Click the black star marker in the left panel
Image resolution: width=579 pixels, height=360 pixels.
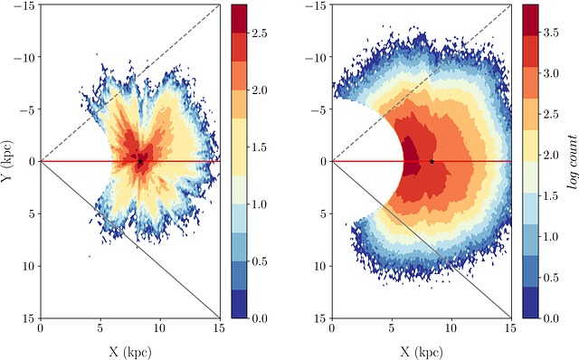point(140,162)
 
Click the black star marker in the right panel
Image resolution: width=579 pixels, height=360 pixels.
point(432,162)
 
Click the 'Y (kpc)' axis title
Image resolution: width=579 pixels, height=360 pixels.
point(9,161)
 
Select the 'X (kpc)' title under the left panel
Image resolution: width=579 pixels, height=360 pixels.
point(129,350)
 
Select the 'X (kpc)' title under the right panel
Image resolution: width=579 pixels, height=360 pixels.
point(422,350)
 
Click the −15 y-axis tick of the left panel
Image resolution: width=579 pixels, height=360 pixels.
point(25,5)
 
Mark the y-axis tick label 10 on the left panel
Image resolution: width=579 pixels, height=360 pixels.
point(27,266)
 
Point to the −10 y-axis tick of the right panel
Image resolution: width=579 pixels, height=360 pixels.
point(318,57)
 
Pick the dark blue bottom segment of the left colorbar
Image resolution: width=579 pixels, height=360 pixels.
point(240,304)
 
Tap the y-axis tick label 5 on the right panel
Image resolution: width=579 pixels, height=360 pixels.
point(323,213)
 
